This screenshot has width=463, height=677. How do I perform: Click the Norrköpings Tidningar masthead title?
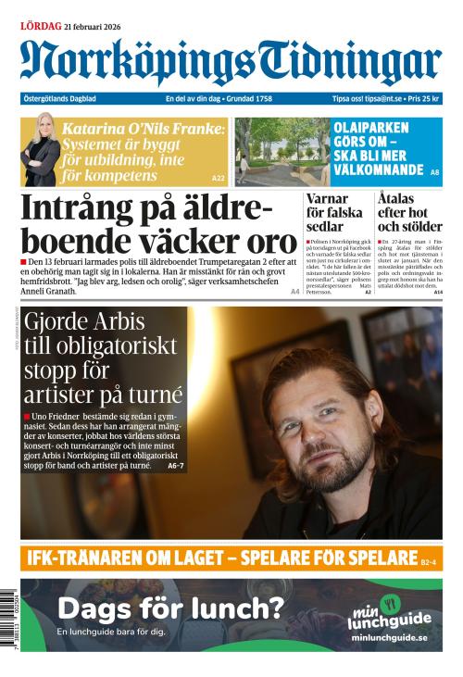click(231, 62)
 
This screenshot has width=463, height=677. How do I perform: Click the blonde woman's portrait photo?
click(42, 148)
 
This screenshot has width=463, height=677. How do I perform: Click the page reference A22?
click(219, 178)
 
